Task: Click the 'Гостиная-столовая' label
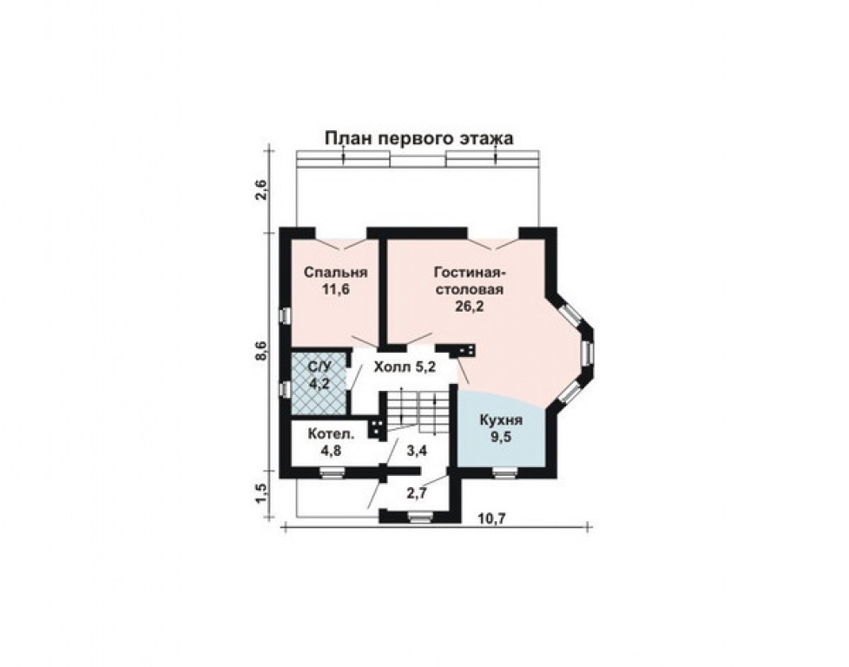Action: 469,280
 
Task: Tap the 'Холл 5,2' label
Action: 405,367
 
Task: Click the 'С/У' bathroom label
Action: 319,367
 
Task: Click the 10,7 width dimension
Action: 491,518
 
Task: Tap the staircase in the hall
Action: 415,410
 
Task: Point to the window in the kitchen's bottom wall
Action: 503,472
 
